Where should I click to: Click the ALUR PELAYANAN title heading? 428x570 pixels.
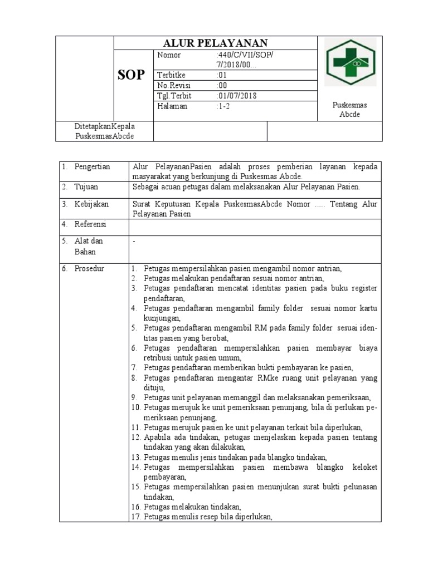(x=215, y=43)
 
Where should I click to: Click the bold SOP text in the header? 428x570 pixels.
(x=132, y=75)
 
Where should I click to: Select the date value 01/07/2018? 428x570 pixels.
(x=237, y=96)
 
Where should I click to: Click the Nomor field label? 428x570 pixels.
(x=169, y=55)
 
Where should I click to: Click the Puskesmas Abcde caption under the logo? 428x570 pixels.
(x=349, y=110)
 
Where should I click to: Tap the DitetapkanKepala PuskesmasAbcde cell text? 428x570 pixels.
(x=105, y=132)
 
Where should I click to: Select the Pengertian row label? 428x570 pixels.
(x=93, y=166)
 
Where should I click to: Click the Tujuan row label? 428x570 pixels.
(x=87, y=186)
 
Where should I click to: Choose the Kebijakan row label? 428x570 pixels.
(x=92, y=204)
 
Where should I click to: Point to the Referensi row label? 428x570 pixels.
(x=91, y=224)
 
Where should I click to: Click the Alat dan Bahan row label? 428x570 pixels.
(x=89, y=246)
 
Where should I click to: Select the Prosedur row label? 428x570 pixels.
(x=91, y=268)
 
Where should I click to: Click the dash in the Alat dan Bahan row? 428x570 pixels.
(x=134, y=242)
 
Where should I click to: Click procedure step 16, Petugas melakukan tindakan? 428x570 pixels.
(x=192, y=507)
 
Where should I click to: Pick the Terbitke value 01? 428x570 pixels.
(x=222, y=75)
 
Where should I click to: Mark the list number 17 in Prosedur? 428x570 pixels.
(x=136, y=517)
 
